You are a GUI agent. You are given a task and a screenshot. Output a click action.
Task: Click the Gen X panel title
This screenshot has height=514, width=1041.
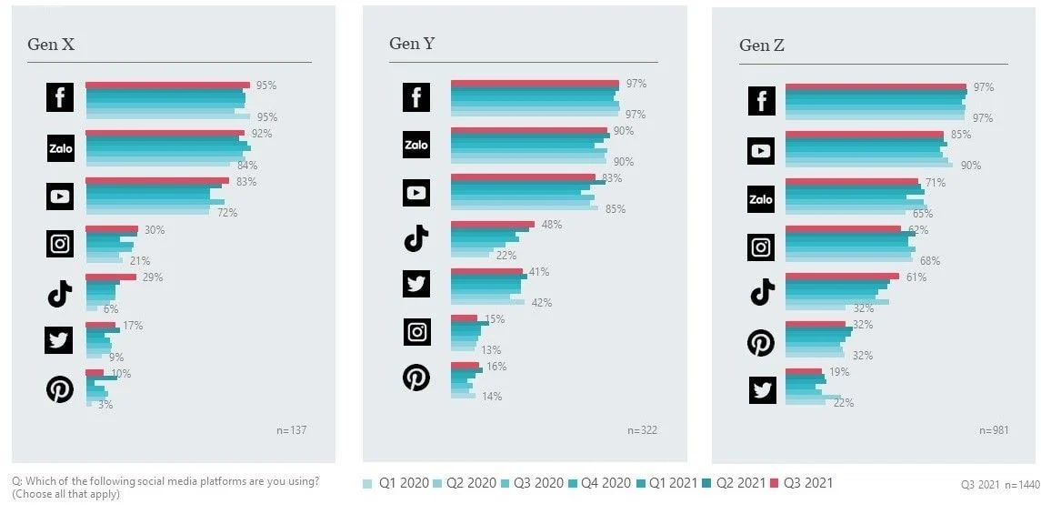click(x=51, y=45)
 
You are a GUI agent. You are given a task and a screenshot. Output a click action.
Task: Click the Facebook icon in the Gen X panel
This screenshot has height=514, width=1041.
click(x=60, y=97)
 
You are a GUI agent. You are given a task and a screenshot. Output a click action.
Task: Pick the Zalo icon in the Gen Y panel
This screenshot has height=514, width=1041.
click(x=416, y=145)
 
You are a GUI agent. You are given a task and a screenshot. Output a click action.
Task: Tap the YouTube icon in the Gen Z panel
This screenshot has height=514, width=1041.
click(x=761, y=150)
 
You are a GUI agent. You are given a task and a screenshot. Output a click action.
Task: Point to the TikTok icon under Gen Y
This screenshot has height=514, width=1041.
click(x=416, y=239)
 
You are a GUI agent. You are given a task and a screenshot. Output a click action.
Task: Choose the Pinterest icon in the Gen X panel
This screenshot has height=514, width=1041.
click(x=60, y=389)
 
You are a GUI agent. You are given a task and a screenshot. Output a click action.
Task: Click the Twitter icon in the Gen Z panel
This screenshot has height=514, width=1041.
click(x=762, y=389)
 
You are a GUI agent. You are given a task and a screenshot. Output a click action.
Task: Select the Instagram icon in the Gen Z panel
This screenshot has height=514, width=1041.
click(x=762, y=246)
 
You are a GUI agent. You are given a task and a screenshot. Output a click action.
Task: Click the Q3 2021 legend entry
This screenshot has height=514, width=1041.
click(x=801, y=483)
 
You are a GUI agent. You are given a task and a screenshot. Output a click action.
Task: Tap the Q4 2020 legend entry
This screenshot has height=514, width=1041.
click(x=597, y=483)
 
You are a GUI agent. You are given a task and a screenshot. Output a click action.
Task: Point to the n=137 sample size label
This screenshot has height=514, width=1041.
click(x=291, y=430)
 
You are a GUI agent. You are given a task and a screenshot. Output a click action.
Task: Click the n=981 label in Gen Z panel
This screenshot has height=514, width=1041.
click(x=994, y=430)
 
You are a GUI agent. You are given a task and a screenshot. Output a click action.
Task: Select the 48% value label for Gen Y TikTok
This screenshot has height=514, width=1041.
click(x=551, y=224)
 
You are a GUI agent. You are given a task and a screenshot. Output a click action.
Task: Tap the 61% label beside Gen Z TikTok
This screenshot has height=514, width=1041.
click(x=916, y=277)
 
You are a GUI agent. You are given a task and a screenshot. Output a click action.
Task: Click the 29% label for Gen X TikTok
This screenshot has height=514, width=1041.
click(x=152, y=277)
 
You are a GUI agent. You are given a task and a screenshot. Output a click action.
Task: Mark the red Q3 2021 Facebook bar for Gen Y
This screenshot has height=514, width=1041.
click(x=535, y=84)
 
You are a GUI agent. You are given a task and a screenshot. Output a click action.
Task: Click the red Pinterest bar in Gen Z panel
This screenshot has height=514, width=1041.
click(x=815, y=324)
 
